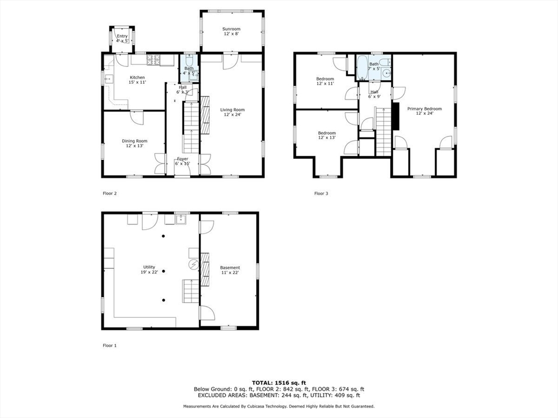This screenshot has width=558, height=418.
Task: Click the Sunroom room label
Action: [231, 31]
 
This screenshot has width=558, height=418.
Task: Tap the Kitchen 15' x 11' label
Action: [137, 80]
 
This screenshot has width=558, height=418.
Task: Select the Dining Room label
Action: [134, 143]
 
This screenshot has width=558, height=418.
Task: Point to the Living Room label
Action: [232, 112]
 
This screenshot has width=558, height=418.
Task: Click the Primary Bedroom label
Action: [424, 111]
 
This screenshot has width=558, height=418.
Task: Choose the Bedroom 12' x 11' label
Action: [325, 81]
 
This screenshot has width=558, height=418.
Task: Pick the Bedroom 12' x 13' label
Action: [326, 135]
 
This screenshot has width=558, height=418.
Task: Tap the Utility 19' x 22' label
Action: [149, 269]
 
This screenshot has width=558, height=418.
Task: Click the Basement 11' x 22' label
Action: [230, 270]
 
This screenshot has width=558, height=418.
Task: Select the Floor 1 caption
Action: [110, 346]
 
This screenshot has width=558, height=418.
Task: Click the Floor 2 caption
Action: [110, 193]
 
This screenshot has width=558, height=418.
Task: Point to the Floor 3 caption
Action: [321, 193]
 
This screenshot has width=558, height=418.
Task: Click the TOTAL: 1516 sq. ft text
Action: [278, 383]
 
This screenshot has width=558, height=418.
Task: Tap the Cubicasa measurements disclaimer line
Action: [278, 406]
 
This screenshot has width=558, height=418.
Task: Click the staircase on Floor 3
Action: [384, 131]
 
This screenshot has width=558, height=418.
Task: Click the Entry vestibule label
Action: [122, 38]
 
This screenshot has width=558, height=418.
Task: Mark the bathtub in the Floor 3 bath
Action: [363, 67]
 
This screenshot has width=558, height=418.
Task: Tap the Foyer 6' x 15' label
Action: [182, 162]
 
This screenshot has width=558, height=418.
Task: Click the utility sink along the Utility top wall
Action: [181, 220]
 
